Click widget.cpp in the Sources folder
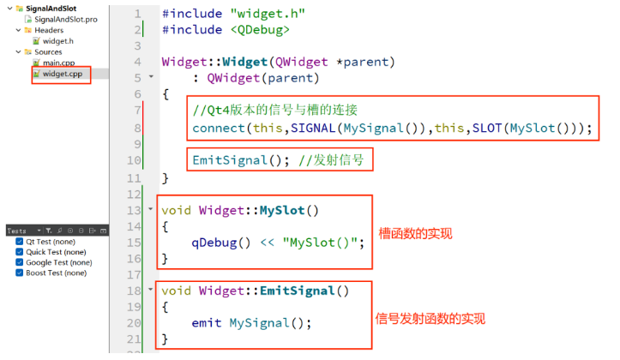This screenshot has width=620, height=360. (x=62, y=74)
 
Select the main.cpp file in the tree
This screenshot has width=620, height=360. (x=59, y=63)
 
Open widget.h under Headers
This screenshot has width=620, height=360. (x=58, y=40)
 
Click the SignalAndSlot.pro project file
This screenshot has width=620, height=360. (x=65, y=19)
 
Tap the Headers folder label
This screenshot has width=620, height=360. (x=48, y=30)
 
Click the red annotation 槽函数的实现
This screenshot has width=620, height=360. (x=415, y=233)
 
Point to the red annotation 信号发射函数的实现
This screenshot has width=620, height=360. (x=430, y=318)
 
